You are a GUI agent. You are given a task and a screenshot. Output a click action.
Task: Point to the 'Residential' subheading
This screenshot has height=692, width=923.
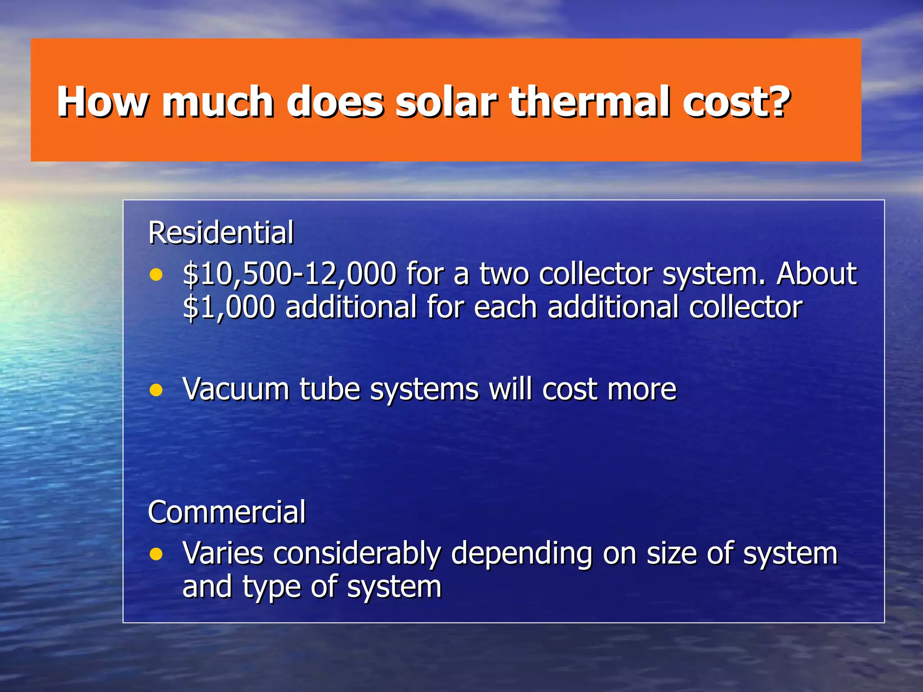(221, 233)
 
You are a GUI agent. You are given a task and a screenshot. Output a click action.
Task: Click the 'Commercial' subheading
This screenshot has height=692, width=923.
(227, 512)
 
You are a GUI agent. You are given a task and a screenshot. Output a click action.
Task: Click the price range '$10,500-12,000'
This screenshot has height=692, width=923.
(290, 274)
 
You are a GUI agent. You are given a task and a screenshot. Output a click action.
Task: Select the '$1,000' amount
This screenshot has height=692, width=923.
(229, 307)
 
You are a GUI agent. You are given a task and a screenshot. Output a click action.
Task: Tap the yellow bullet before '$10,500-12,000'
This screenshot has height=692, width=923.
(156, 274)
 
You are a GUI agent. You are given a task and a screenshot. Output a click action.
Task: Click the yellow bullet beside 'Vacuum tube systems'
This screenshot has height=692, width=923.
(156, 390)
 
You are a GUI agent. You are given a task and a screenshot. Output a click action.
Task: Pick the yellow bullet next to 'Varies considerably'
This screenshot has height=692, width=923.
(156, 554)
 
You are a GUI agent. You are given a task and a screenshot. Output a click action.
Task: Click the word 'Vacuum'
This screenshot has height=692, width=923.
(235, 389)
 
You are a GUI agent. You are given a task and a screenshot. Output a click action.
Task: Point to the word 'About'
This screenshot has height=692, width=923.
(816, 274)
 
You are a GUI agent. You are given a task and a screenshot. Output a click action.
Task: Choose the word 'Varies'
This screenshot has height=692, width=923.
(223, 553)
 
